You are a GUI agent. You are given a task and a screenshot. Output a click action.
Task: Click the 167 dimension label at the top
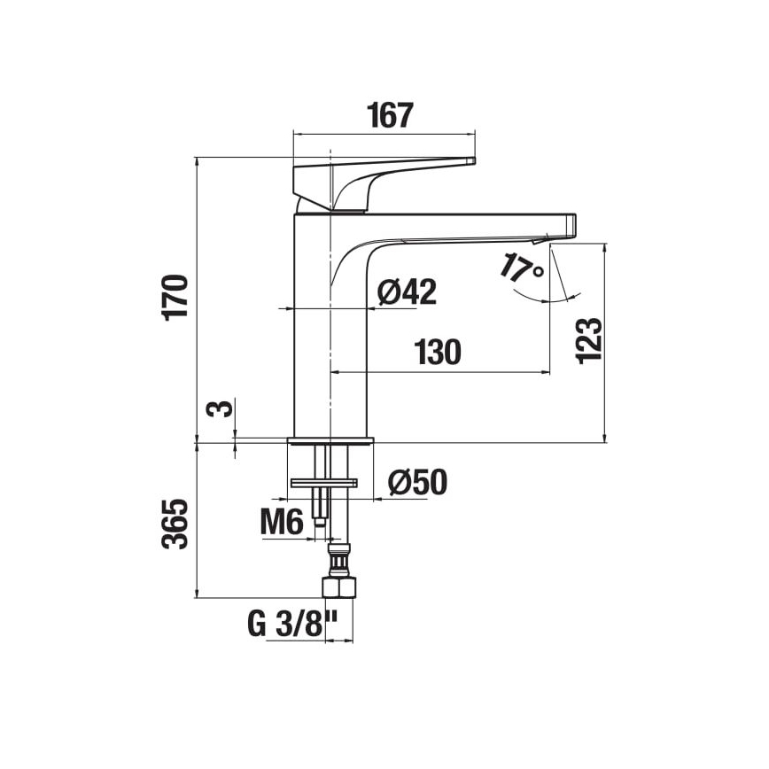point(391,116)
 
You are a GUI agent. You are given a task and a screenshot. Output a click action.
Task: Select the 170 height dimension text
point(176,298)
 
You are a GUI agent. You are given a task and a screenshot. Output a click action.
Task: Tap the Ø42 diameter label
point(408,291)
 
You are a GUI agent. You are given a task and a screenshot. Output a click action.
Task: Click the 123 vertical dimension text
point(589,339)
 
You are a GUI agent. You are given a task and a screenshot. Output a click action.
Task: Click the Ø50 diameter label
point(417,482)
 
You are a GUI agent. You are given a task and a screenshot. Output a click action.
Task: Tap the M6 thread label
point(283,523)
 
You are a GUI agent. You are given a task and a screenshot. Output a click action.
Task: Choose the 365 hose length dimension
point(176,524)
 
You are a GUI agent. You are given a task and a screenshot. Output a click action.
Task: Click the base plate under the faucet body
point(330,440)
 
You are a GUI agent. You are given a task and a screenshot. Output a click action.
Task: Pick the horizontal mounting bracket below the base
point(324,482)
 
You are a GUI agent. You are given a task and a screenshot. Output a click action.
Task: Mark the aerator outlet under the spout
point(540,241)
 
